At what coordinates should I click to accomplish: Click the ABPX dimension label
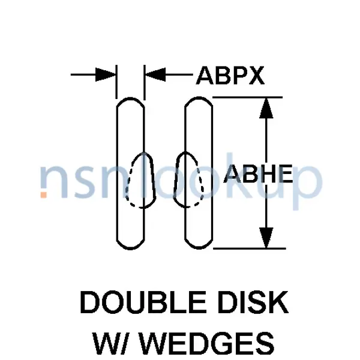pyautogui.click(x=230, y=76)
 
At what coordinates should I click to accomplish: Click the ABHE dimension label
pyautogui.click(x=258, y=174)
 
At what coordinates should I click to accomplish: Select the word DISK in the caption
pyautogui.click(x=253, y=302)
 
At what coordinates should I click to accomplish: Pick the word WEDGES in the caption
pyautogui.click(x=207, y=343)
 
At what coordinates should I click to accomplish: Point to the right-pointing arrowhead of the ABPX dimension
pyautogui.click(x=106, y=74)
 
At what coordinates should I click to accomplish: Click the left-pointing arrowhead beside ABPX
pyautogui.click(x=155, y=74)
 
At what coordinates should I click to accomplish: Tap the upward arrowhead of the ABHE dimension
pyautogui.click(x=266, y=108)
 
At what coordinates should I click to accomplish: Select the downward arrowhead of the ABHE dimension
pyautogui.click(x=266, y=238)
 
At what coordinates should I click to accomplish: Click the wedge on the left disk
pyautogui.click(x=140, y=180)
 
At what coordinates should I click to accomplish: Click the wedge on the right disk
pyautogui.click(x=188, y=179)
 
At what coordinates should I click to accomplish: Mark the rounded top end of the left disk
pyautogui.click(x=130, y=98)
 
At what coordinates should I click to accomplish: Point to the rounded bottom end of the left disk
pyautogui.click(x=130, y=248)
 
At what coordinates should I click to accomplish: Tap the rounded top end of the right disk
pyautogui.click(x=199, y=98)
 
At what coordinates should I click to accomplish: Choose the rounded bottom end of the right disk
pyautogui.click(x=199, y=248)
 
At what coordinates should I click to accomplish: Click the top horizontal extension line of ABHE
pyautogui.click(x=247, y=98)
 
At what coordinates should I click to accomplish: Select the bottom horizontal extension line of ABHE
pyautogui.click(x=250, y=248)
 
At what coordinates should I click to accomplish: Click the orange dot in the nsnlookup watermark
pyautogui.click(x=44, y=194)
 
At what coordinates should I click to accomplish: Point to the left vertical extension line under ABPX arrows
pyautogui.click(x=116, y=82)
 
